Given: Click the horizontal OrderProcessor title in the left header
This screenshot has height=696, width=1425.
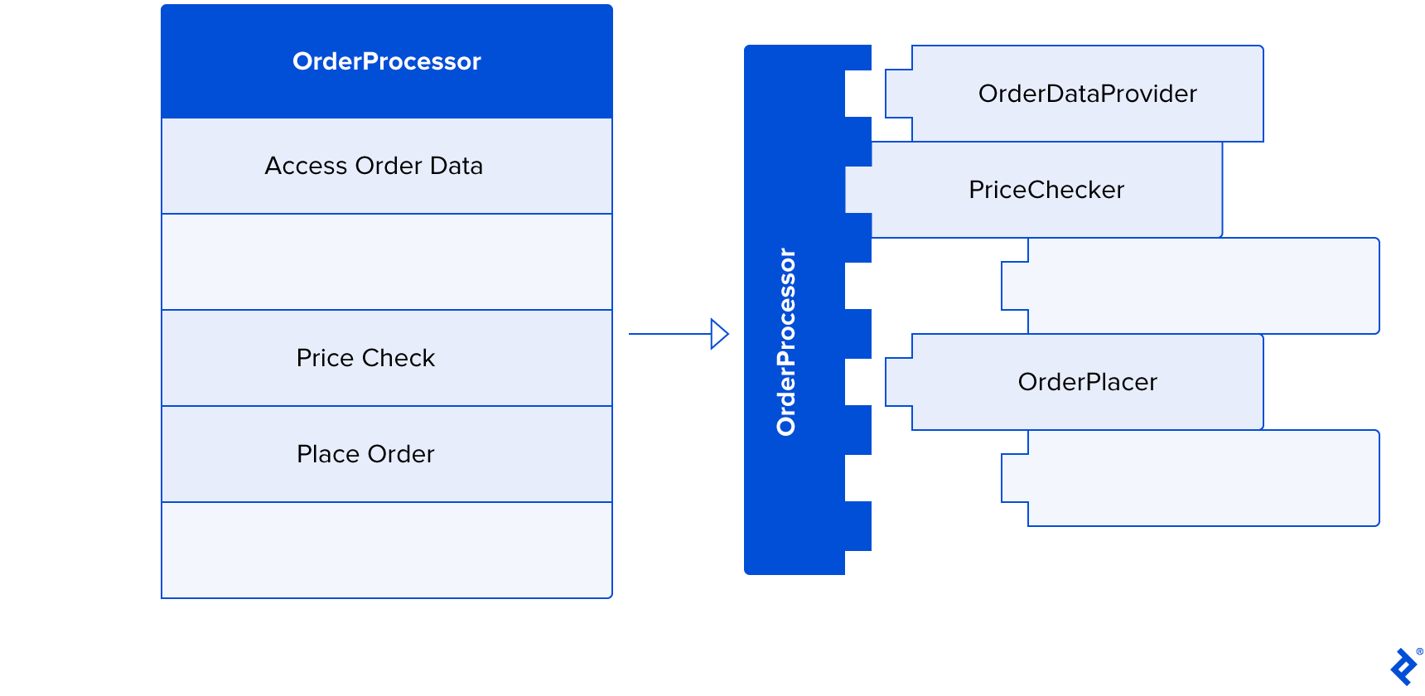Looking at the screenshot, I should [x=386, y=61].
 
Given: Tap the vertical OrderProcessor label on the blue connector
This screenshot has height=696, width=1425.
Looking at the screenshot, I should [x=786, y=341].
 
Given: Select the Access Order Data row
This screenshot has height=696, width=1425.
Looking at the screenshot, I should [x=374, y=166].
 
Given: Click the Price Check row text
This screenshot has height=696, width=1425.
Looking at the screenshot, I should [x=365, y=358].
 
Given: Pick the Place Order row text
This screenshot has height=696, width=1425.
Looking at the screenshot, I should [x=365, y=454].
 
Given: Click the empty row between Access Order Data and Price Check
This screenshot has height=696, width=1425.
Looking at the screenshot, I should [x=386, y=262].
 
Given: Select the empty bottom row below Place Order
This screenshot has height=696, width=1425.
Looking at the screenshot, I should [x=386, y=550].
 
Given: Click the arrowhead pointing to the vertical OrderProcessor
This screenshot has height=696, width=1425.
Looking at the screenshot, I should [x=719, y=334].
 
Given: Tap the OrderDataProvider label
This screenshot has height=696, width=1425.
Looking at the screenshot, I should [x=1087, y=94].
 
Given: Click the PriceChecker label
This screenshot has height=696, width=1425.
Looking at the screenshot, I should [x=1046, y=190].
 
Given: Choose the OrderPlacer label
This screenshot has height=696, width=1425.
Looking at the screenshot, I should [x=1087, y=382].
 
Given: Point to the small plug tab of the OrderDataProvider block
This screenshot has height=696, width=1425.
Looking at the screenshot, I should [x=899, y=94].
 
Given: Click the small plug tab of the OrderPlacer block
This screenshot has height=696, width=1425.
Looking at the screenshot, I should [x=899, y=382].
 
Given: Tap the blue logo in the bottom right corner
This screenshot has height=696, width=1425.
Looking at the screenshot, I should [x=1403, y=667].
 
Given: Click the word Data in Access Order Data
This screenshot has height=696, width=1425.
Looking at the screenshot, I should [x=456, y=166].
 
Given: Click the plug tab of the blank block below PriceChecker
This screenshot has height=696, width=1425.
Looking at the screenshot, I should [x=1015, y=286].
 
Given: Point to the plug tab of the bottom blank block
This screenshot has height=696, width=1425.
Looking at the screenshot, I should [x=1015, y=478].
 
